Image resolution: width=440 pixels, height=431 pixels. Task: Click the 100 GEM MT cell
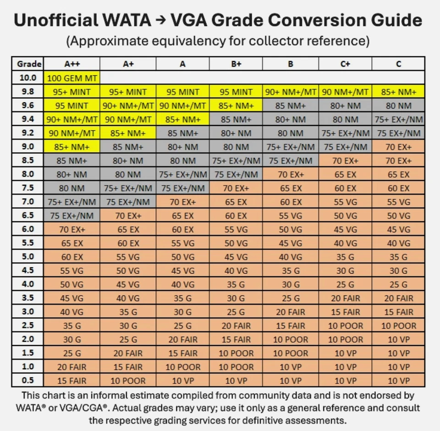(72, 78)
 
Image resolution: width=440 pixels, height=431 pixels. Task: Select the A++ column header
(72, 64)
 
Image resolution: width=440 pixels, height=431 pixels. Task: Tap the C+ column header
(345, 64)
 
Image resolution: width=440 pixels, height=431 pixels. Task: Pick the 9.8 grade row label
(27, 92)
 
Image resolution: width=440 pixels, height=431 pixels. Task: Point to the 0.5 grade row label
(27, 380)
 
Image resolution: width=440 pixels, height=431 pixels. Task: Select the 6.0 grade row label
(27, 229)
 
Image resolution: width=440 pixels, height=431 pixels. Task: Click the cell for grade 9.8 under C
(398, 92)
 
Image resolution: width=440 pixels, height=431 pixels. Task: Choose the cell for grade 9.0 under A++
(72, 147)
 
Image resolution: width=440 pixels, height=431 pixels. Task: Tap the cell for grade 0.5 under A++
(72, 381)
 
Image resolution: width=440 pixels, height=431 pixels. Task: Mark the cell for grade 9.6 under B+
(236, 105)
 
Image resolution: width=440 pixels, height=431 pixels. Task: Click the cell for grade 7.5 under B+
(236, 188)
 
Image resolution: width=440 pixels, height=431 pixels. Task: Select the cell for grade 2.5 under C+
(345, 326)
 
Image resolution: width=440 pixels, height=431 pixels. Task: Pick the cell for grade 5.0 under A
(182, 257)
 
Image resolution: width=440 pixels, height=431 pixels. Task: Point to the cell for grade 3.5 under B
(291, 298)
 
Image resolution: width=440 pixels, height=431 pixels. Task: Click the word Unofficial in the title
(56, 20)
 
